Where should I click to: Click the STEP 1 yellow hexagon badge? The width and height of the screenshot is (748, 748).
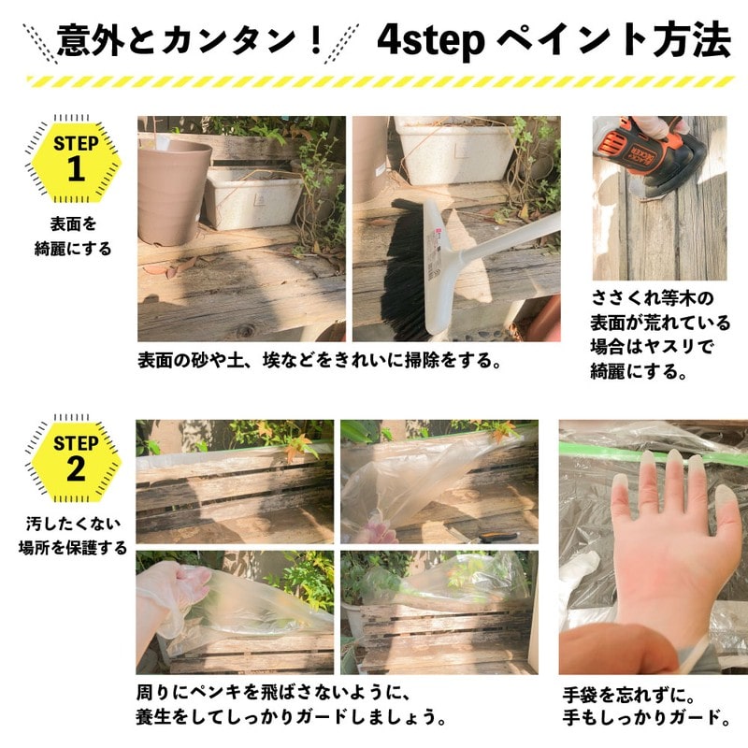point(75,159)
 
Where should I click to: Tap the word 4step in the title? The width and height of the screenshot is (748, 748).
point(430,39)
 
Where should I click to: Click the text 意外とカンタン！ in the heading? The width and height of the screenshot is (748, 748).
point(191,39)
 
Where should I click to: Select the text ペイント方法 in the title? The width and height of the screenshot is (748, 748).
point(613,39)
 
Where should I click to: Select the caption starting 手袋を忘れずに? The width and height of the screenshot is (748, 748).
point(645,707)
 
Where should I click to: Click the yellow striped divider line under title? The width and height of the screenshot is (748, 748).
point(374,82)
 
